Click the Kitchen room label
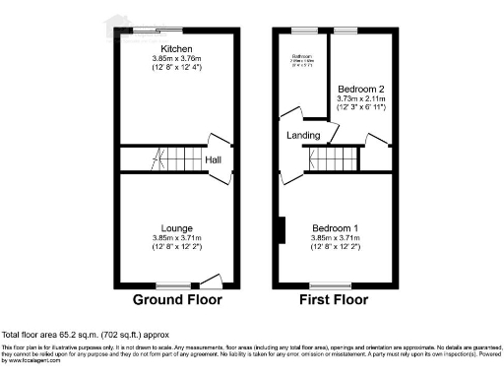tap(177, 48)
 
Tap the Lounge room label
tap(177, 228)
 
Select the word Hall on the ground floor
tap(214, 159)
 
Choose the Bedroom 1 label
tap(335, 228)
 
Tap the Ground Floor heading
tap(177, 299)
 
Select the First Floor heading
tap(335, 299)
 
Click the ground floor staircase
tap(175, 158)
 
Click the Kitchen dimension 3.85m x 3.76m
tap(177, 57)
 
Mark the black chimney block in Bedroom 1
tap(282, 229)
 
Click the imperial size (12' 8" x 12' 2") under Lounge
tap(177, 246)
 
